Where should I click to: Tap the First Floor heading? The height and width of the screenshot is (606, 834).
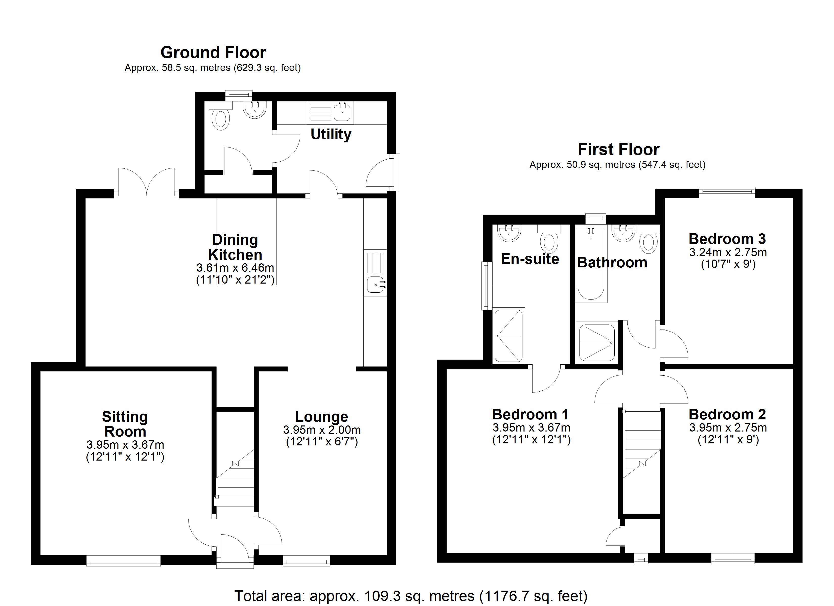pos(618,149)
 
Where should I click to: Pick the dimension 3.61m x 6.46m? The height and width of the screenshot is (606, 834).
pos(235,268)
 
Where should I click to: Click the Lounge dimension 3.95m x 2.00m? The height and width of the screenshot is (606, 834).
pos(322,430)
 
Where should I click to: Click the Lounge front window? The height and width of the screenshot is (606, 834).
pos(306,561)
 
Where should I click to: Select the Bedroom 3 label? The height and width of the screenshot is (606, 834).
pos(727,239)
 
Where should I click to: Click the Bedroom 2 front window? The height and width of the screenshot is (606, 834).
pos(732,559)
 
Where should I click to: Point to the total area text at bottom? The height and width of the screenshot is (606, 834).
pos(411,596)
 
